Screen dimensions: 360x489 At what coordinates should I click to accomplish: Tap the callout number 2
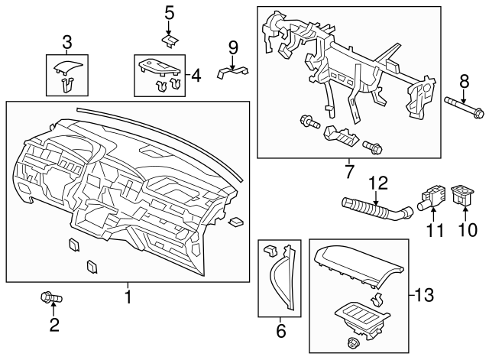coord(53,326)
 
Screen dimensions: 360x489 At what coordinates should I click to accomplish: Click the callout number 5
coord(169,12)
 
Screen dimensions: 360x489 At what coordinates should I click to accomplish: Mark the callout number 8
coord(463,83)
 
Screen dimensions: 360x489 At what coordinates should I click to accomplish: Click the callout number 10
coord(462,229)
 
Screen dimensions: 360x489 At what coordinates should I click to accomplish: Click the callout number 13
coord(426,294)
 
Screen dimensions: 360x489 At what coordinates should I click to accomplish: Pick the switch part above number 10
coord(464,196)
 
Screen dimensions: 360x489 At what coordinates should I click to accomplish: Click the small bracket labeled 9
coord(233,72)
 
